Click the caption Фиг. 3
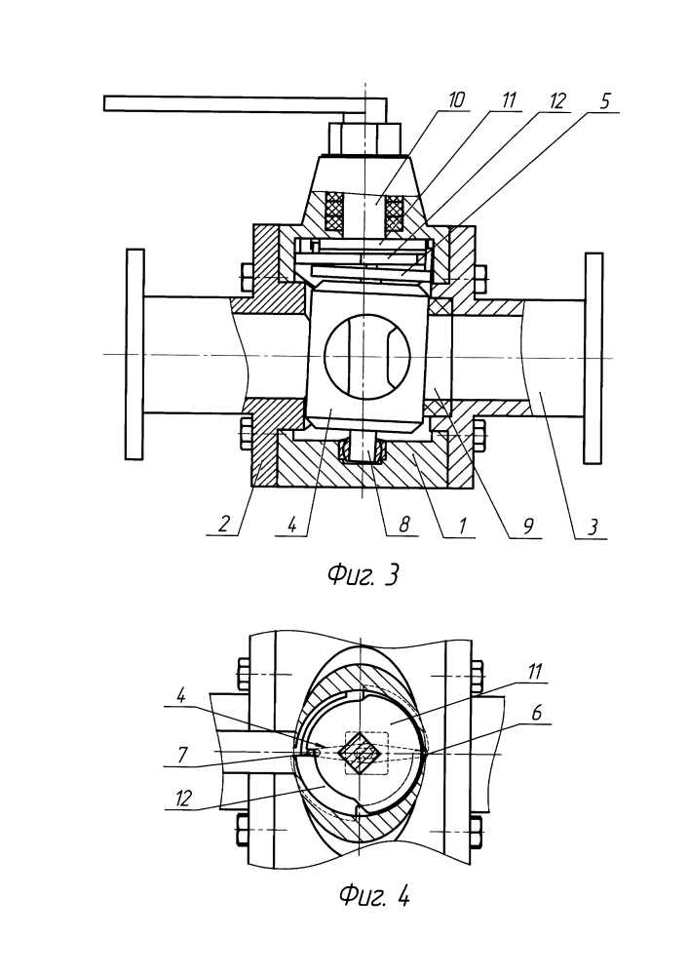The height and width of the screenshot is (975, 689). tap(363, 575)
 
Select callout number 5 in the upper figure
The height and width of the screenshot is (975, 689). tap(605, 100)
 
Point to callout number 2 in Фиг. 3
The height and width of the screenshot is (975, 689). tap(224, 525)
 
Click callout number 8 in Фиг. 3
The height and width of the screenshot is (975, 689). tap(403, 525)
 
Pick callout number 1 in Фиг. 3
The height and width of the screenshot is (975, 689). tap(462, 526)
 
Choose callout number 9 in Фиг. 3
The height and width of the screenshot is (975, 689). tap(527, 526)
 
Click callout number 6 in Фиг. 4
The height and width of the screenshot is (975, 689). tap(537, 713)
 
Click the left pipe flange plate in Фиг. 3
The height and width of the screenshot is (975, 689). tap(134, 355)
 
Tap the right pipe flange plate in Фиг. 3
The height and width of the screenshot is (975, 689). tap(593, 358)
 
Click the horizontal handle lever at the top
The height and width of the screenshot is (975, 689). tap(246, 103)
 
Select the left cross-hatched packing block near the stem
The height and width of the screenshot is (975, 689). tap(334, 211)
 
